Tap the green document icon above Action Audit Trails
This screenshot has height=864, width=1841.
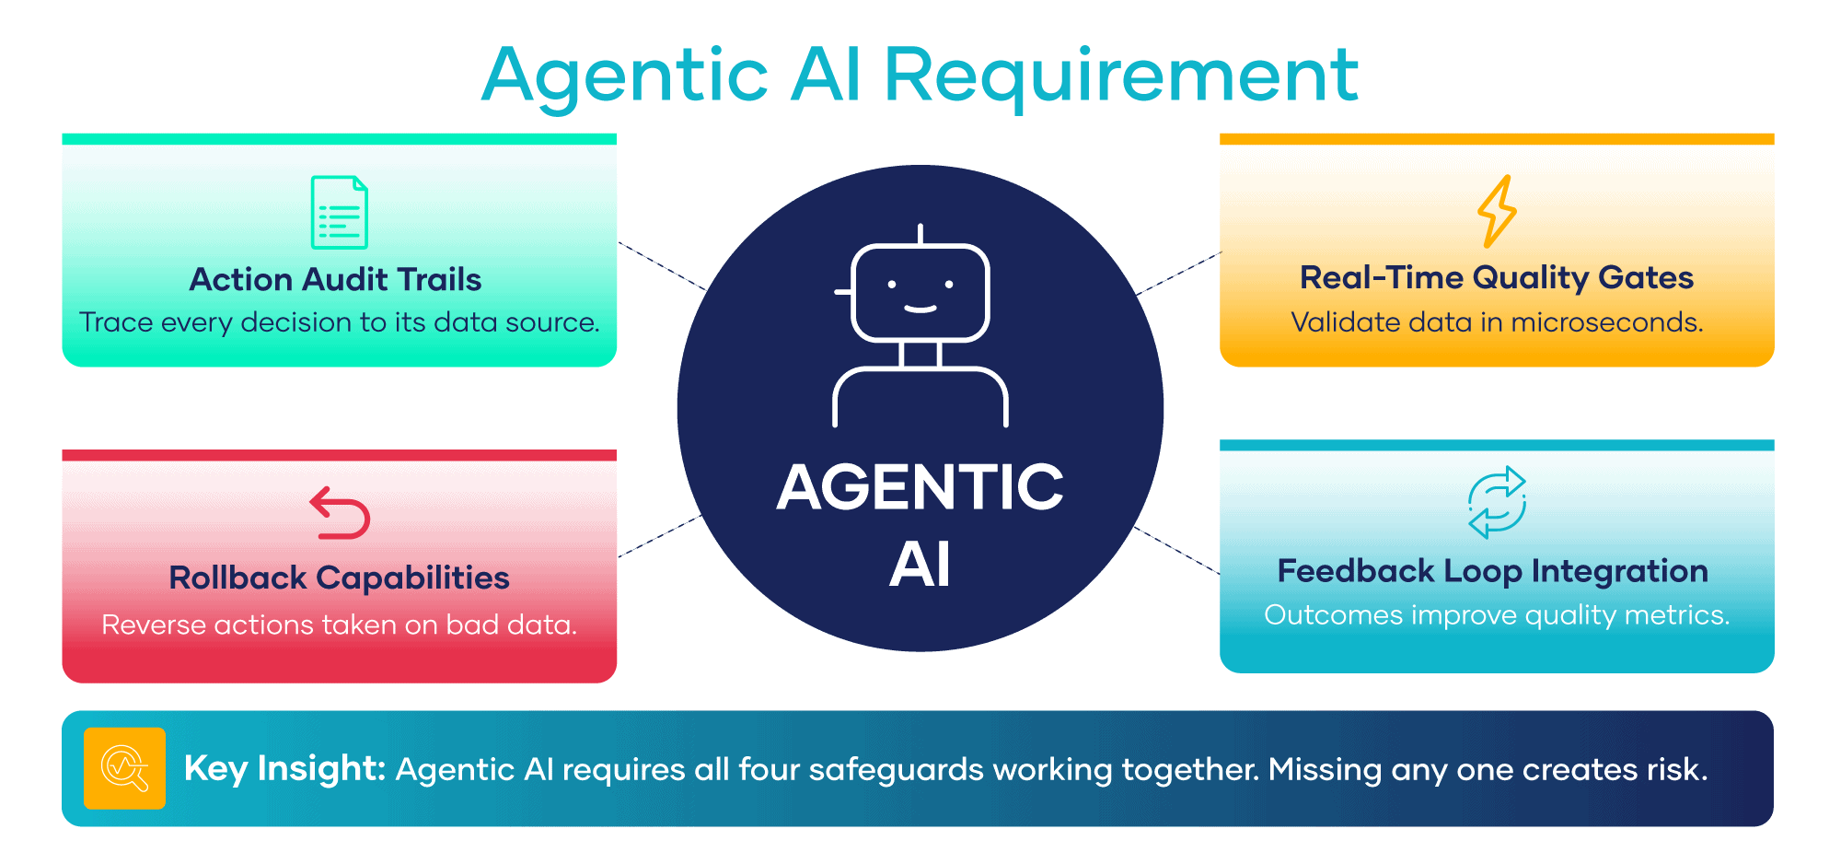340,212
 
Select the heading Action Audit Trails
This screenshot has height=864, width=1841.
336,279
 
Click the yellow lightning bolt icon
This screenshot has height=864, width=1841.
1497,211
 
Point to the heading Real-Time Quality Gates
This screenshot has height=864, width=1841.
1497,277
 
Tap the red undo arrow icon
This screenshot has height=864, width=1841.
340,512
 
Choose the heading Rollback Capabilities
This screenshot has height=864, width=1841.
340,578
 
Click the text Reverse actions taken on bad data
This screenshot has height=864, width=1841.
340,625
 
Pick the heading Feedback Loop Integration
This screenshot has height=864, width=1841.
1493,572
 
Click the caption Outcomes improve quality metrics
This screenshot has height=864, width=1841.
1497,615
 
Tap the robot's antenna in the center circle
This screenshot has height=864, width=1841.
920,234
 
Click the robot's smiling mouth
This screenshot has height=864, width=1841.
920,308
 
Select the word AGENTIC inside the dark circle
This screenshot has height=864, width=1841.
920,486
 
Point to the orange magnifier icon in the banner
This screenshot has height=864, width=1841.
124,768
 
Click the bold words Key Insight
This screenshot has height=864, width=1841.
284,768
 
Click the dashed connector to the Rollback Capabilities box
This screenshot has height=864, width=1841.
661,536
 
